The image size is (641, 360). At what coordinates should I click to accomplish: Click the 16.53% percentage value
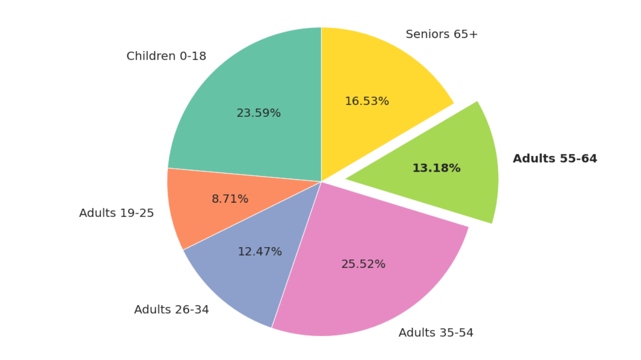(366, 101)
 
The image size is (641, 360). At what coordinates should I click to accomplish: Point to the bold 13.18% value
(436, 168)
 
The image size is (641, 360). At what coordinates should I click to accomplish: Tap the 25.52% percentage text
(363, 264)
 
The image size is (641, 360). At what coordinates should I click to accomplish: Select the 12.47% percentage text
(259, 252)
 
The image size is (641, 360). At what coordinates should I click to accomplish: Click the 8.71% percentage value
(230, 199)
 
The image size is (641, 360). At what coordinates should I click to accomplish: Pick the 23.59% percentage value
(258, 113)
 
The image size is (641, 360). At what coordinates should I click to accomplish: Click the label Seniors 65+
(441, 34)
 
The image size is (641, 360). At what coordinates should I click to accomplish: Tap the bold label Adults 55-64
(555, 158)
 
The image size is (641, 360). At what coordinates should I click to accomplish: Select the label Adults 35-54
(435, 333)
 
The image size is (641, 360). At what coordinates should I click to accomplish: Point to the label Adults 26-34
(171, 309)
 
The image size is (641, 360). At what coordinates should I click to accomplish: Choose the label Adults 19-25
(116, 213)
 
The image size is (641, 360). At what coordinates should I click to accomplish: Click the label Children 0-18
(166, 56)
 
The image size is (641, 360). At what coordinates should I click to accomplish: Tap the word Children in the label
(151, 56)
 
